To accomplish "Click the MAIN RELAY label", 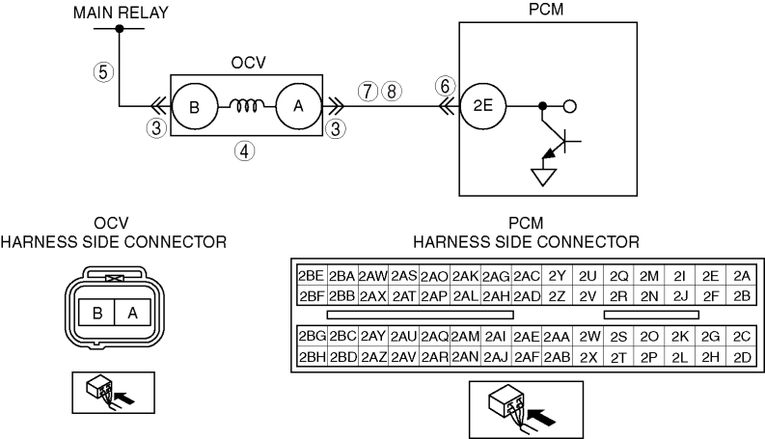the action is point(121,13).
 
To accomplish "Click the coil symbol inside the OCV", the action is point(247,105).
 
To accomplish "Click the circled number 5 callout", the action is point(103,72).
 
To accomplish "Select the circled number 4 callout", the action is point(244,151).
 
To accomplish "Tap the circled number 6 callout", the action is point(445,86).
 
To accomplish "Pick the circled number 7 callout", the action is point(368,92).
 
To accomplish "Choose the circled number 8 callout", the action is point(392,92).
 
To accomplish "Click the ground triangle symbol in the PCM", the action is point(543,178).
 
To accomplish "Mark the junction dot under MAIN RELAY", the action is point(120,29).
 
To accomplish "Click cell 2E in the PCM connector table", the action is point(710,276).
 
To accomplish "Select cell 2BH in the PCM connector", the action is point(312,357).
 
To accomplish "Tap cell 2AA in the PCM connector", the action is point(557,337).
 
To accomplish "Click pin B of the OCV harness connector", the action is point(97,313).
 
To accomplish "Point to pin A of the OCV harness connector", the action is point(133,313).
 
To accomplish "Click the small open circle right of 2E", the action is point(570,106).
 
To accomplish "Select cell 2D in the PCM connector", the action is point(742,357).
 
